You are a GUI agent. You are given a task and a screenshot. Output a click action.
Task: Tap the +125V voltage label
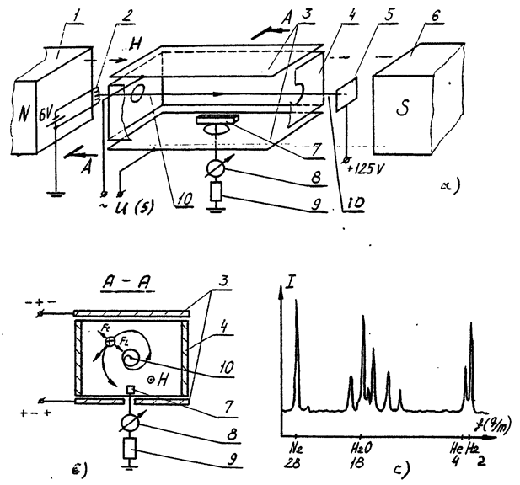pyautogui.click(x=362, y=166)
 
